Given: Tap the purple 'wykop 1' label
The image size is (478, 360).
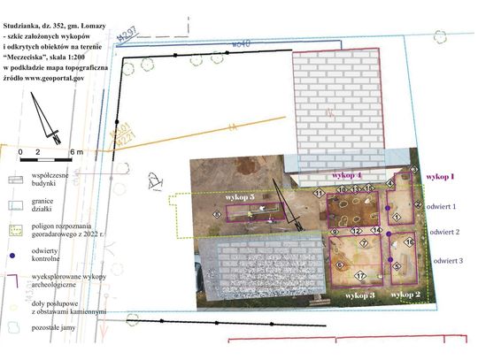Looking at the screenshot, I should click(x=440, y=177).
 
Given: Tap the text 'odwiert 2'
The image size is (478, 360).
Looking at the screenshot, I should click(x=444, y=232).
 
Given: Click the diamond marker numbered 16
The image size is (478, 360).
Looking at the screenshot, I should click(x=409, y=241).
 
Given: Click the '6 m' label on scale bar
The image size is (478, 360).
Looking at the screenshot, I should click(x=76, y=152).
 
